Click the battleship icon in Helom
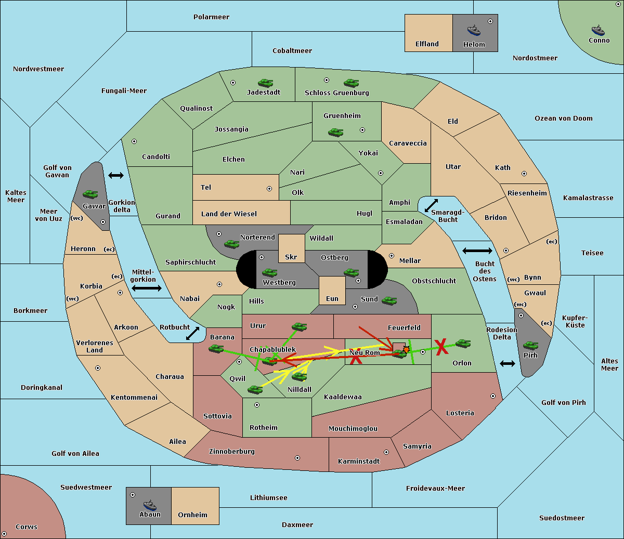pyautogui.click(x=474, y=30)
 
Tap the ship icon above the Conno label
pyautogui.click(x=598, y=30)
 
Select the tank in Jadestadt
pyautogui.click(x=265, y=83)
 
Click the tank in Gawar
pyautogui.click(x=90, y=194)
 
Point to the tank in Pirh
pyautogui.click(x=531, y=345)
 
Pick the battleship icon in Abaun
pyautogui.click(x=150, y=506)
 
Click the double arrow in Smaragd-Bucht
pyautogui.click(x=431, y=205)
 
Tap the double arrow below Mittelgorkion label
pyautogui.click(x=147, y=288)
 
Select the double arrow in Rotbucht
pyautogui.click(x=193, y=333)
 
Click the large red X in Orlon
pyautogui.click(x=441, y=347)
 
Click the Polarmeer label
pyautogui.click(x=211, y=17)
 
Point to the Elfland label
pyautogui.click(x=427, y=44)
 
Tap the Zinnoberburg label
pyautogui.click(x=232, y=452)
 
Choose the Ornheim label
pyautogui.click(x=192, y=515)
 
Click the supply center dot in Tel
pyautogui.click(x=269, y=189)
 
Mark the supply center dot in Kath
pyautogui.click(x=524, y=174)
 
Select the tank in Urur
pyautogui.click(x=299, y=326)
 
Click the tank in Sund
pyautogui.click(x=389, y=300)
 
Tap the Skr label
pyautogui.click(x=291, y=257)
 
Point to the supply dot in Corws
pyautogui.click(x=4, y=534)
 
